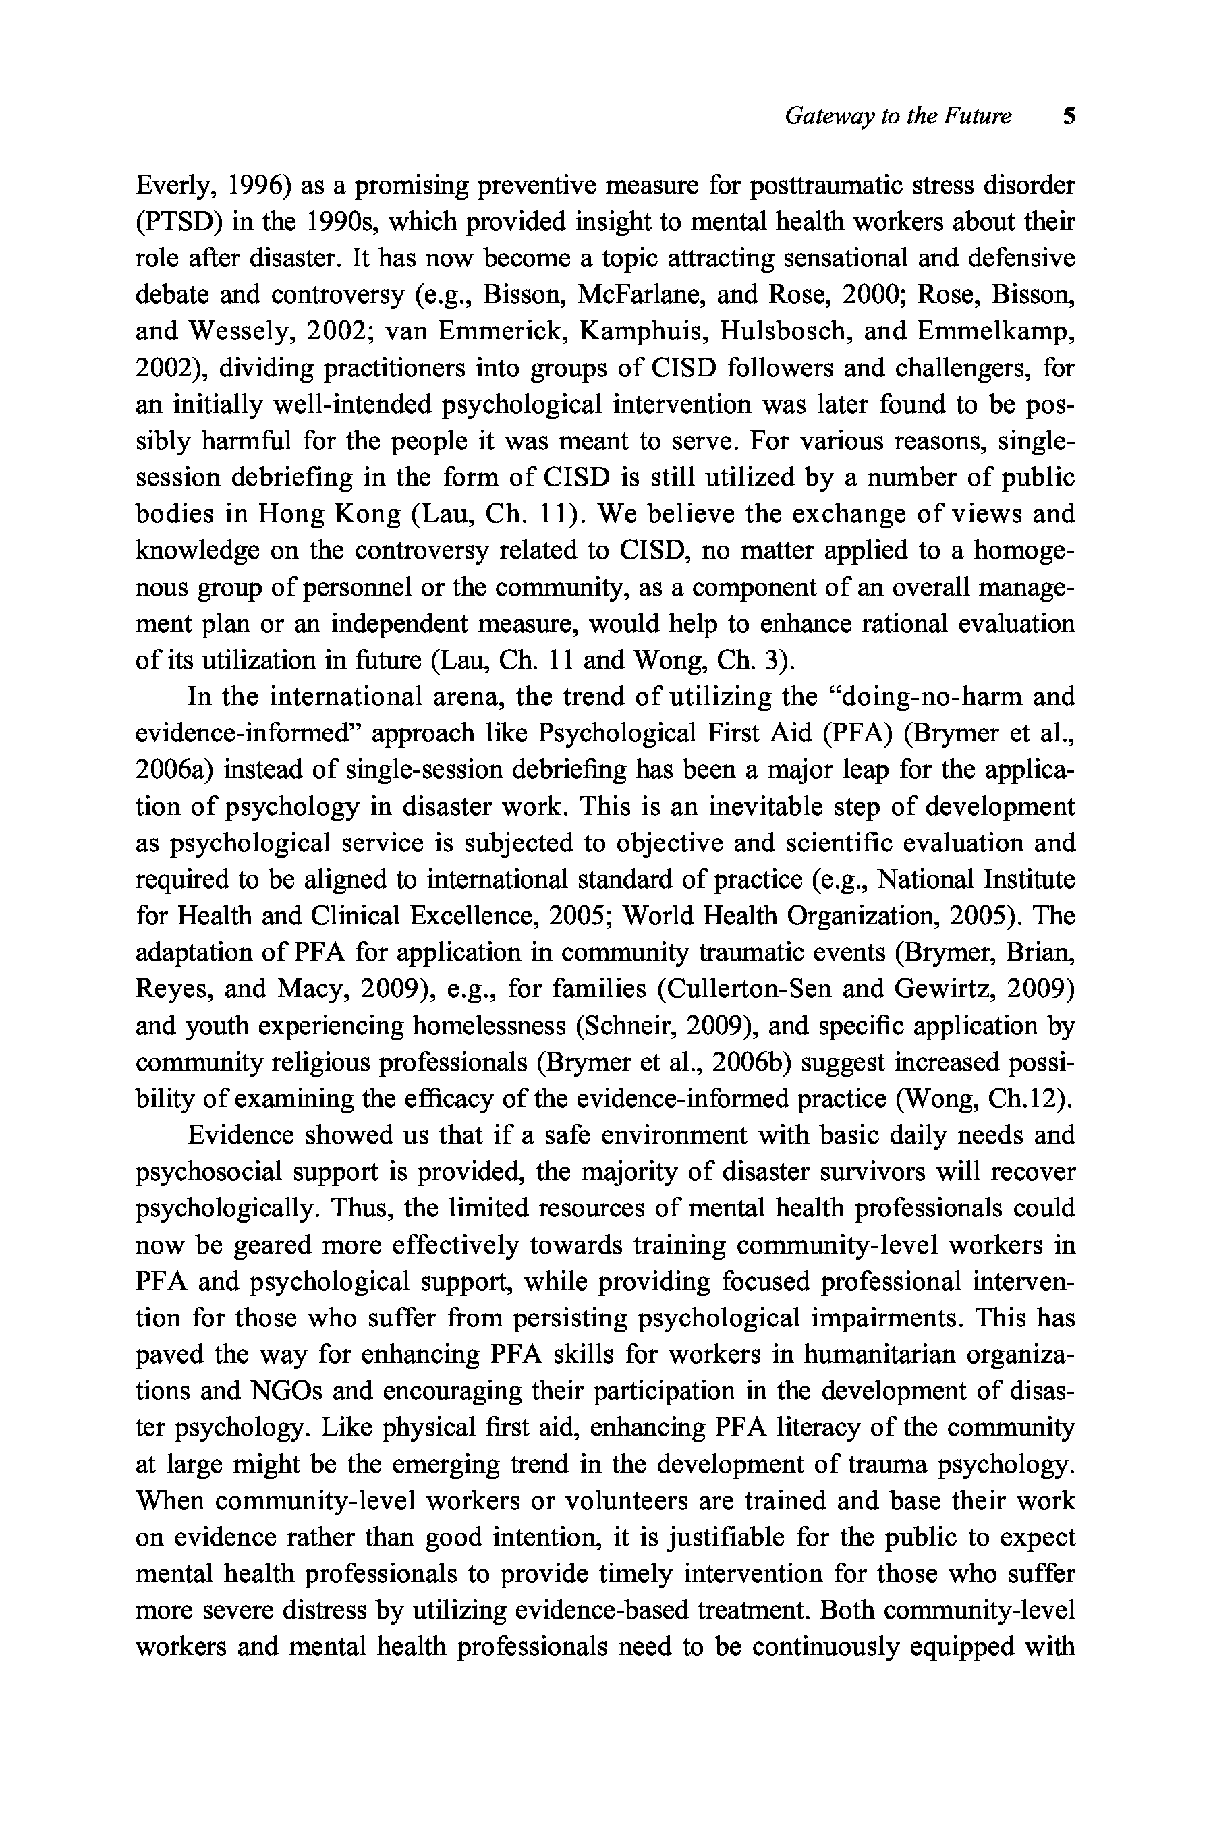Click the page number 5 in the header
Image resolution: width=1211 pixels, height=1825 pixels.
(x=1069, y=117)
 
